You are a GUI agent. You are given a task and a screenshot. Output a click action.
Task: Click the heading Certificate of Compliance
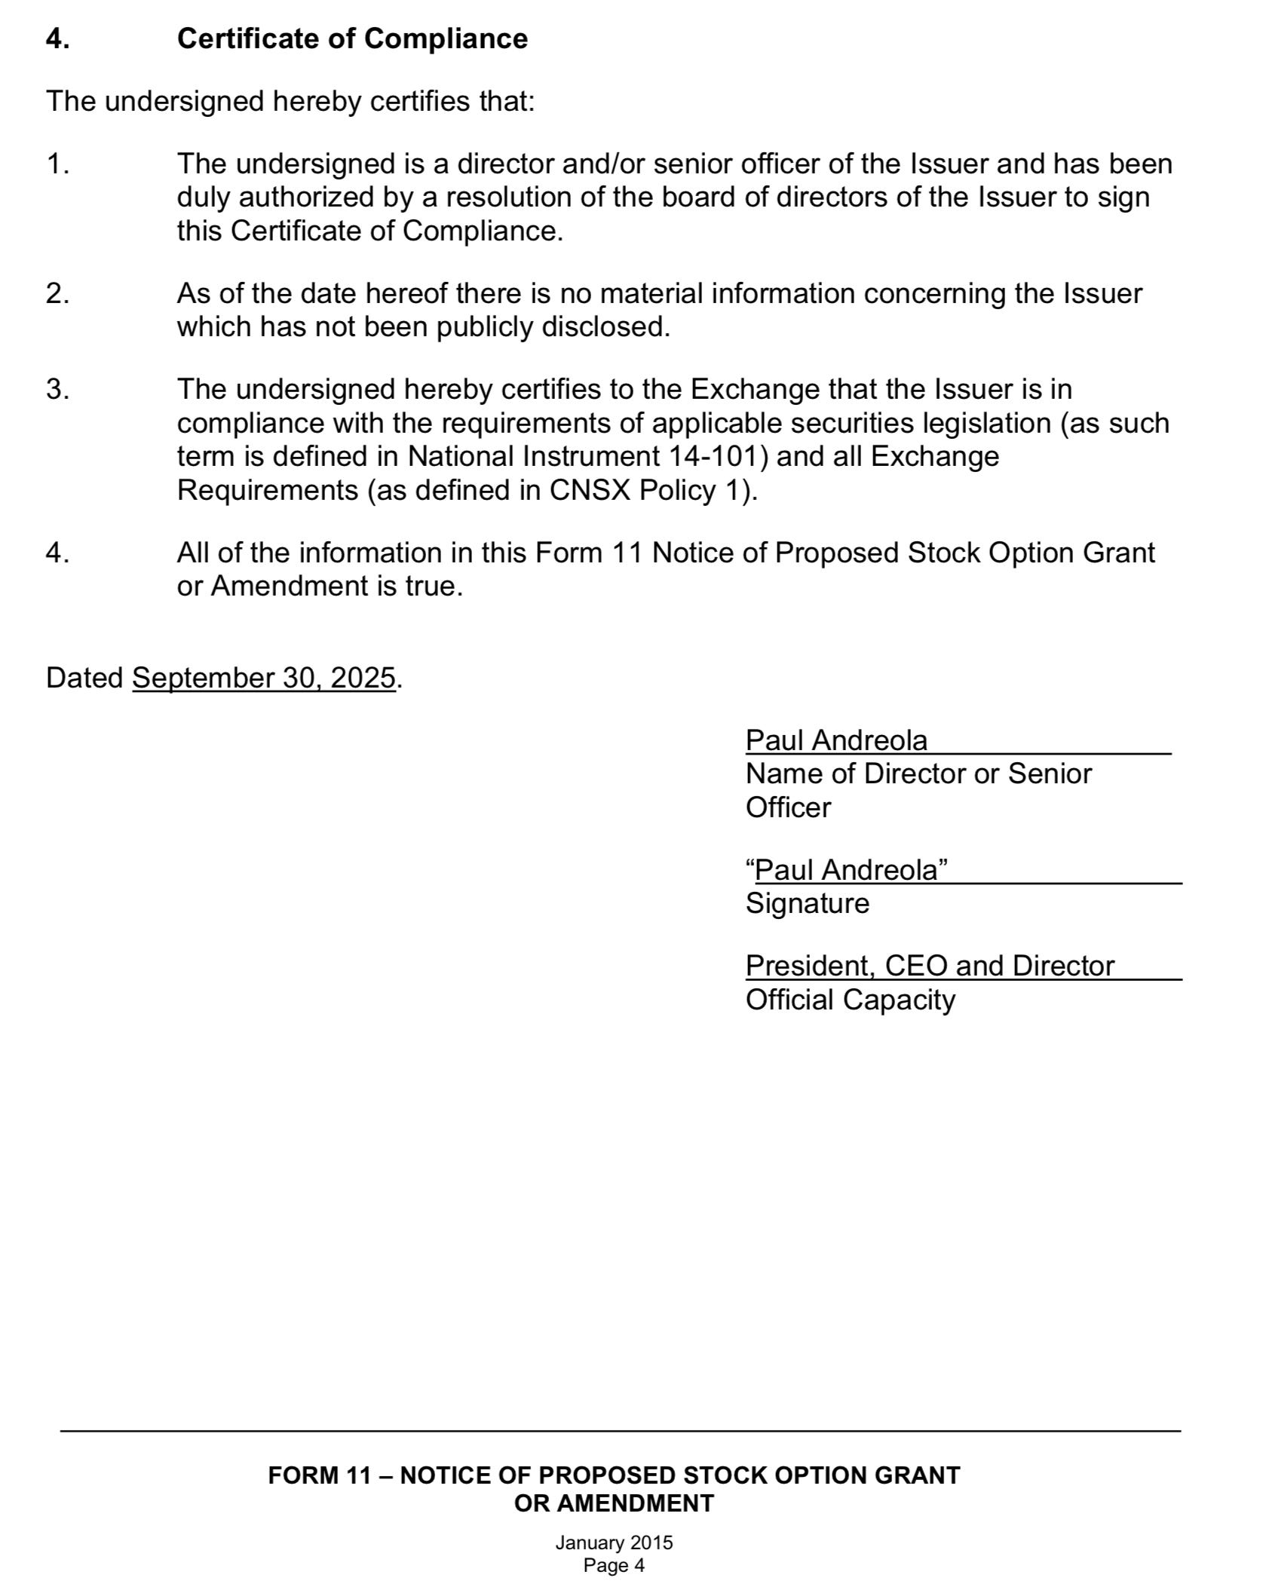pos(352,38)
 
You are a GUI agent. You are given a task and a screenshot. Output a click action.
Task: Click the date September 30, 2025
pos(264,678)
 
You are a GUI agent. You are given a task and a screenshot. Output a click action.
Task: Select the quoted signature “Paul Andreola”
pos(846,870)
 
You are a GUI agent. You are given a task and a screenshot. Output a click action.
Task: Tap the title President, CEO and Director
pos(929,966)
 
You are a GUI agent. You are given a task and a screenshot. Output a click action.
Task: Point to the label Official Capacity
pos(850,1000)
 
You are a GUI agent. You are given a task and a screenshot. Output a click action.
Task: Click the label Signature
pos(807,903)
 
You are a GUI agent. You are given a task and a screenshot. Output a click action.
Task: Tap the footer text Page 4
pos(614,1565)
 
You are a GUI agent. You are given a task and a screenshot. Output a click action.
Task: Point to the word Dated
pos(84,678)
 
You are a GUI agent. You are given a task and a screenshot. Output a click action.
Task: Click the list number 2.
pos(57,293)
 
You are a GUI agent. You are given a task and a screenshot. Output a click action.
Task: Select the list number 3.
pos(57,390)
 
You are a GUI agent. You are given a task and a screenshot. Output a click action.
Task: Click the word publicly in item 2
pos(486,327)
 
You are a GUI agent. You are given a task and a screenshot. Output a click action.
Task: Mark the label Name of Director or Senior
pos(918,774)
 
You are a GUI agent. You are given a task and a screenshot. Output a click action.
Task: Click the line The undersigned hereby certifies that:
pos(290,101)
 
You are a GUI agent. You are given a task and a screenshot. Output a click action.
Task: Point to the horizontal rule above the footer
pos(620,1430)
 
